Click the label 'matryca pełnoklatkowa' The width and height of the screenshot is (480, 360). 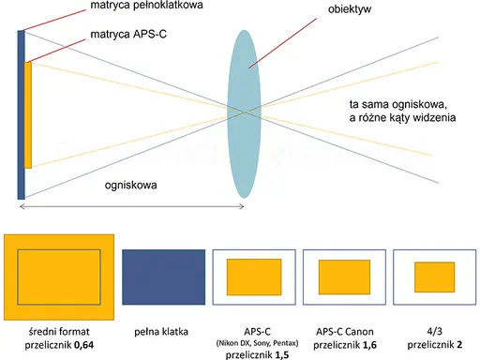[146, 6]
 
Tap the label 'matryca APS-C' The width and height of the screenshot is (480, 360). [128, 34]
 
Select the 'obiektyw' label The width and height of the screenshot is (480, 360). [350, 9]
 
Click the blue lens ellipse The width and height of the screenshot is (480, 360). [244, 114]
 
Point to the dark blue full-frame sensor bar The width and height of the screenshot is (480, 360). [21, 114]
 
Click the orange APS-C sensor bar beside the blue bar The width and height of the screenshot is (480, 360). [28, 115]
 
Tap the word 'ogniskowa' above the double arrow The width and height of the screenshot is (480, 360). [130, 185]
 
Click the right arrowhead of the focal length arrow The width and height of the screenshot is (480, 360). [242, 206]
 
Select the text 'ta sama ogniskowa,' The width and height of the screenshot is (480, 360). [398, 104]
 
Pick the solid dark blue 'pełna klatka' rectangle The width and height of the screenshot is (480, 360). [164, 277]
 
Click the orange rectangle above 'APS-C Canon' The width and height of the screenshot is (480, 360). [344, 277]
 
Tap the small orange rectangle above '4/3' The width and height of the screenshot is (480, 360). [435, 277]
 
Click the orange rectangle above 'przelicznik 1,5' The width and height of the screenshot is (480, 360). [254, 277]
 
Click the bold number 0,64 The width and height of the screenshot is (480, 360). [84, 345]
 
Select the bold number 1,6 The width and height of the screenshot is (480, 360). [369, 345]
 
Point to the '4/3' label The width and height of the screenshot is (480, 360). [435, 331]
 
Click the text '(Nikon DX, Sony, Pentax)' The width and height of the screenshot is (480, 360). [257, 343]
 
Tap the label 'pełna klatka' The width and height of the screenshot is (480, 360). [161, 332]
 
